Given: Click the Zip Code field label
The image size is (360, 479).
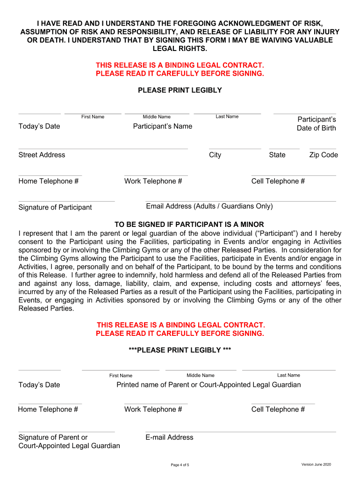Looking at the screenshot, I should coord(324,155).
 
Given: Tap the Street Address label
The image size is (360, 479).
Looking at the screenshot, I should coord(42,155).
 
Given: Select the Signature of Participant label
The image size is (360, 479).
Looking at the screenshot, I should coord(55,207).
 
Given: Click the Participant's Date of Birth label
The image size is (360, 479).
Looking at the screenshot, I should coord(317,123).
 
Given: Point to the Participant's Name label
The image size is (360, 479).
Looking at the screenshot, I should coord(162,126).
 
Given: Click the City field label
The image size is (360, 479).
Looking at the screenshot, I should coord(215,155).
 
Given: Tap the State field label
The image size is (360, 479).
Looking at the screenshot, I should coord(277,155).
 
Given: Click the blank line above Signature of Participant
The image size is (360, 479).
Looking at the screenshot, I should coord(66,202).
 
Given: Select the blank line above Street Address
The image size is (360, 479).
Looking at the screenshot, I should coord(103,149).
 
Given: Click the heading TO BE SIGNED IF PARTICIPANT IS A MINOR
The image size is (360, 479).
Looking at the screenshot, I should coord(189,225).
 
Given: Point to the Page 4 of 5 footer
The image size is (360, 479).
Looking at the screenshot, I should coord(180,465).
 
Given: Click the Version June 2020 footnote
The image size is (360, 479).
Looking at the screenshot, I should coord(316,464).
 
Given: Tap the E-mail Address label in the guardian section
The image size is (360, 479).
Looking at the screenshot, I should coord(169,437).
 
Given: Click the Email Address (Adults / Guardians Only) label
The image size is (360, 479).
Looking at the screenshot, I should coord(209,206).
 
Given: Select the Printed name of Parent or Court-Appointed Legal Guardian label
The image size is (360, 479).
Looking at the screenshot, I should coord(209,385).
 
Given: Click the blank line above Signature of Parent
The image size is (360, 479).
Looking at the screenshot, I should coord(66,432).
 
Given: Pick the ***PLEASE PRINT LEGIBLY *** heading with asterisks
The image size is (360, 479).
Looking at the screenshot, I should coord(180,350).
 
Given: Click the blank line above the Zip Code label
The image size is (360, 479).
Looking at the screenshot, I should coord(323,149).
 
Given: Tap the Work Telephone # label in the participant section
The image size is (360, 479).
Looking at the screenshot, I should coord(153,181).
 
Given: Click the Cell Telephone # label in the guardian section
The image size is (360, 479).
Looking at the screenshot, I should coord(278,409).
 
